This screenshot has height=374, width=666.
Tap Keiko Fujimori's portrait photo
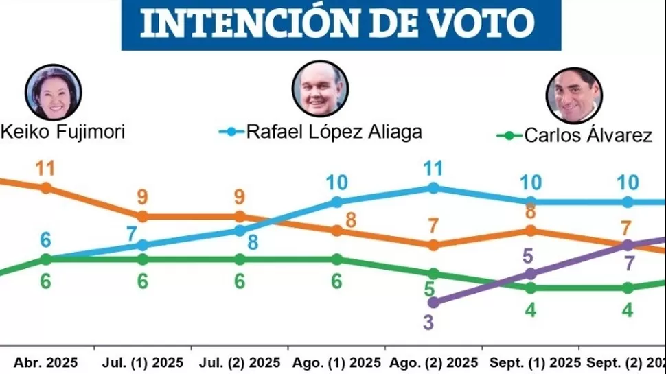pyautogui.click(x=54, y=93)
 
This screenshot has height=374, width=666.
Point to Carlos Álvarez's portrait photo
pyautogui.click(x=574, y=95)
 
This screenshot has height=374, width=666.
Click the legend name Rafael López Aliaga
pyautogui.click(x=334, y=132)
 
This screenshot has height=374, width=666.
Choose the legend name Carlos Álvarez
pyautogui.click(x=588, y=135)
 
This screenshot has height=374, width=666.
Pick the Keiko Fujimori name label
pyautogui.click(x=63, y=131)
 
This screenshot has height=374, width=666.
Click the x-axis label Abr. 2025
pyautogui.click(x=47, y=362)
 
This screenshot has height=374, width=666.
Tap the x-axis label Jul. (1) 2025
pyautogui.click(x=143, y=362)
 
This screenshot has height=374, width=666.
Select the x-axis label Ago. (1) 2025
pyautogui.click(x=337, y=362)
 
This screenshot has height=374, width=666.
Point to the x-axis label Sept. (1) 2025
pyautogui.click(x=531, y=362)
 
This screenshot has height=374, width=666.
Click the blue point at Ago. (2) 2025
pyautogui.click(x=433, y=187)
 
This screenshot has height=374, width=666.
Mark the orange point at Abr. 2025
pyautogui.click(x=46, y=187)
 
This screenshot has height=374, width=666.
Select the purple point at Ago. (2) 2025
pyautogui.click(x=433, y=302)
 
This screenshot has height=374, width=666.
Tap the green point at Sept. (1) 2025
pyautogui.click(x=531, y=288)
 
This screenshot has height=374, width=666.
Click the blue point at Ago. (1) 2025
pyautogui.click(x=337, y=202)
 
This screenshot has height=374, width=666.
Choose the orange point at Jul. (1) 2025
pyautogui.click(x=143, y=216)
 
